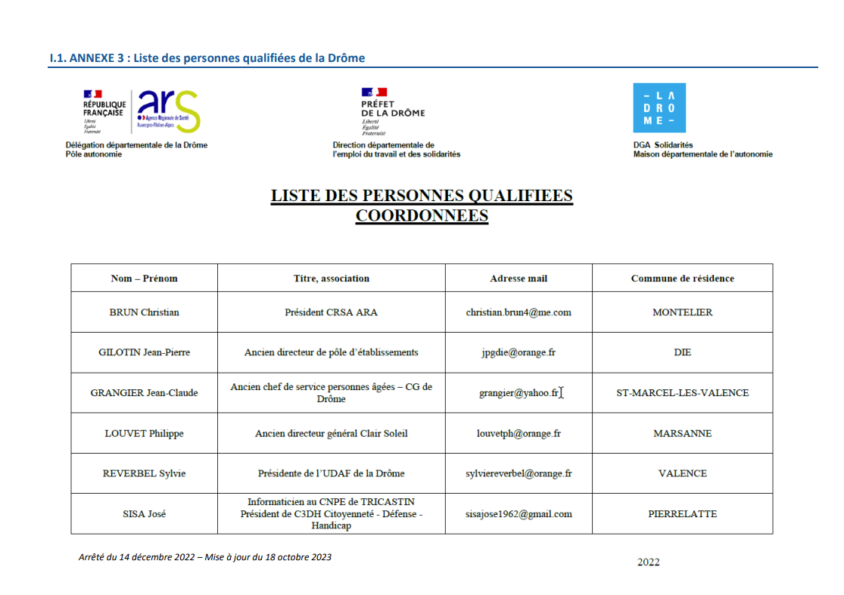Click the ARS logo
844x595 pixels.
point(169,111)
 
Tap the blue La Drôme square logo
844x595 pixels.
point(659,108)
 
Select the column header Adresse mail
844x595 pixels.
point(519,278)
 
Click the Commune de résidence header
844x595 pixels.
point(682,278)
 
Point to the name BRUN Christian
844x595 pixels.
point(144,312)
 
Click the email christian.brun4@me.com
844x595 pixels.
point(519,312)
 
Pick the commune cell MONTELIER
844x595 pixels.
point(682,312)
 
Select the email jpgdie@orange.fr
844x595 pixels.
point(519,352)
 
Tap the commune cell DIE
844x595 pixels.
point(682,352)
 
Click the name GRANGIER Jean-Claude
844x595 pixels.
point(144,393)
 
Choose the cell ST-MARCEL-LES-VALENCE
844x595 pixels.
point(682,393)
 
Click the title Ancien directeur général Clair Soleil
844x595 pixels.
point(331,434)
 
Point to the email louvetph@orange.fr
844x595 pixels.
point(519,434)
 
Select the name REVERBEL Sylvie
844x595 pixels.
point(144,474)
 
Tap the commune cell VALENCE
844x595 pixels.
point(682,474)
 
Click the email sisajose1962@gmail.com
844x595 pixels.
point(519,514)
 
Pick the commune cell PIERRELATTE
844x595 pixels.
point(682,514)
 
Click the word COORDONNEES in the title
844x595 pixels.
point(422,216)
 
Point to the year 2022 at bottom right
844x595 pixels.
point(648,562)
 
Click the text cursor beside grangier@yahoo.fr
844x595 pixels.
point(562,392)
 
